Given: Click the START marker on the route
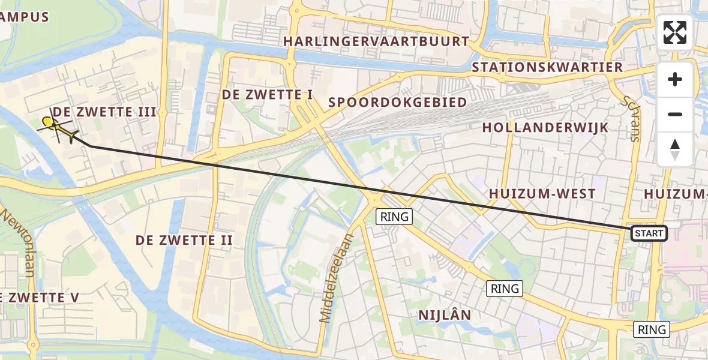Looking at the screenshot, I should pos(649,233).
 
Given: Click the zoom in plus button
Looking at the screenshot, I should pos(675,80).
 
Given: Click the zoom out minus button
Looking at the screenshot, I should pos(675,114).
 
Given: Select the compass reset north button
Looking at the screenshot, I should pos(675,149).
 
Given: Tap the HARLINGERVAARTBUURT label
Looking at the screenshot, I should pos(376,41).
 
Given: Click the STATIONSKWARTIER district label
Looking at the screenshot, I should pos(547,67).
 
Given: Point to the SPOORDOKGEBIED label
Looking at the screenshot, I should pos(397,102).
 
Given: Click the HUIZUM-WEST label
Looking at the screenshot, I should pos(542,194).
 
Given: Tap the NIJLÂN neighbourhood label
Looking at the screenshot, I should pos(445,315).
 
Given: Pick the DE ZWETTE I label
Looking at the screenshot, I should pos(268,95).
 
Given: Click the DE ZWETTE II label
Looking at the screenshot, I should pos(184,241).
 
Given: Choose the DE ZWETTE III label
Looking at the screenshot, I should pos(104,112).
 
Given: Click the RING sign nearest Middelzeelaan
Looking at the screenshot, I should pos(394,217).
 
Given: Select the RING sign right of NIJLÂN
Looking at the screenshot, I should pos(505,289).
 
